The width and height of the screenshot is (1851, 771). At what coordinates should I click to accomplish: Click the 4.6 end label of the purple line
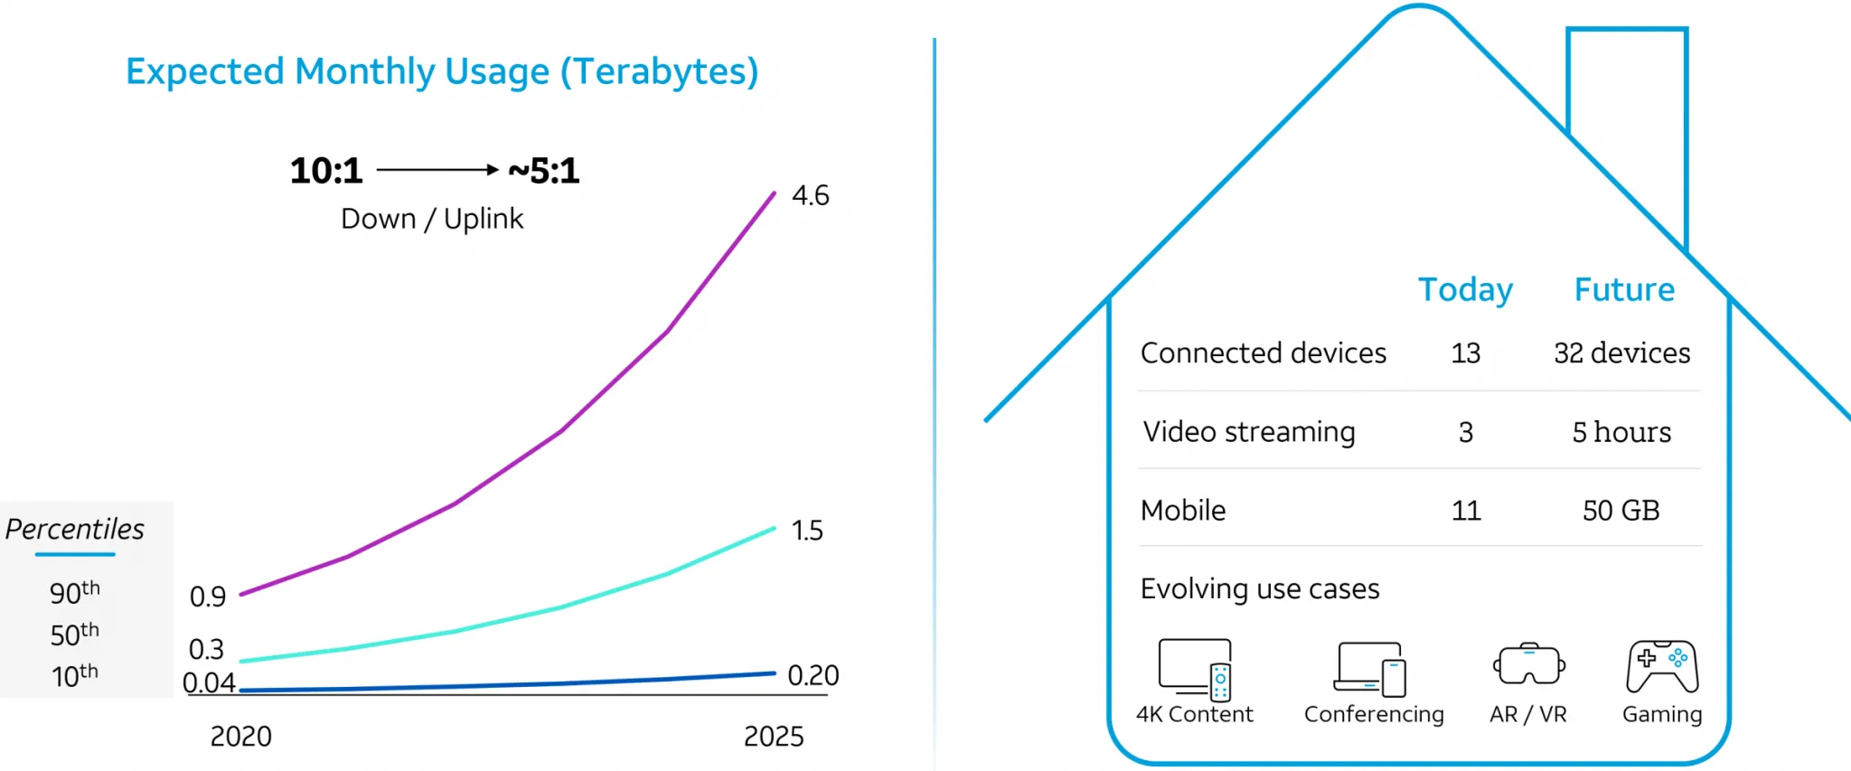click(810, 195)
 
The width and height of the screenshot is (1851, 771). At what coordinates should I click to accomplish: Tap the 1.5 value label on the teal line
click(806, 531)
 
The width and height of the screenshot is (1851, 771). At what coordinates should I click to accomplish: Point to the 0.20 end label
click(813, 675)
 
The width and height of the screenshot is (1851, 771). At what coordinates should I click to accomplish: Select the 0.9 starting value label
click(207, 597)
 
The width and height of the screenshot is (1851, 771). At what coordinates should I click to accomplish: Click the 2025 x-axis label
click(773, 737)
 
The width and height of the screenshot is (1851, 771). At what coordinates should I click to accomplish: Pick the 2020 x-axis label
click(240, 737)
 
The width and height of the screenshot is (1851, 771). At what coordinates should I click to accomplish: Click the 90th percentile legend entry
click(74, 593)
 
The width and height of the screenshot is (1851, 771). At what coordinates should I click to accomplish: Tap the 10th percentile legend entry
click(74, 675)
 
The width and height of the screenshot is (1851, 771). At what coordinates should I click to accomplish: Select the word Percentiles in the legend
click(75, 529)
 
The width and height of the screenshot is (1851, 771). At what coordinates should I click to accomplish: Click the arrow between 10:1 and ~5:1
click(437, 169)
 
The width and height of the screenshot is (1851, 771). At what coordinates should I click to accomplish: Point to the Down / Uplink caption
click(432, 219)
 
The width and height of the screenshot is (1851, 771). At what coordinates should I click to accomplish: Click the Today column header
click(1465, 289)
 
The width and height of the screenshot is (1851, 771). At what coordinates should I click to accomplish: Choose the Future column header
click(1624, 289)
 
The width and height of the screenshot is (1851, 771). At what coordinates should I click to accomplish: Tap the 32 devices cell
click(1621, 353)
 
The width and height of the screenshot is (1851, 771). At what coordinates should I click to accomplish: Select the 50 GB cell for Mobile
click(1621, 511)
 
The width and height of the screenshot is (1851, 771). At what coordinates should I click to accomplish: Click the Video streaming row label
click(1248, 432)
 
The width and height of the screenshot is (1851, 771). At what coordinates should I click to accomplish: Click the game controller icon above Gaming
click(1661, 667)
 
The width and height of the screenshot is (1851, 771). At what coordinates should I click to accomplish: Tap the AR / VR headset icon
click(1528, 665)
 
